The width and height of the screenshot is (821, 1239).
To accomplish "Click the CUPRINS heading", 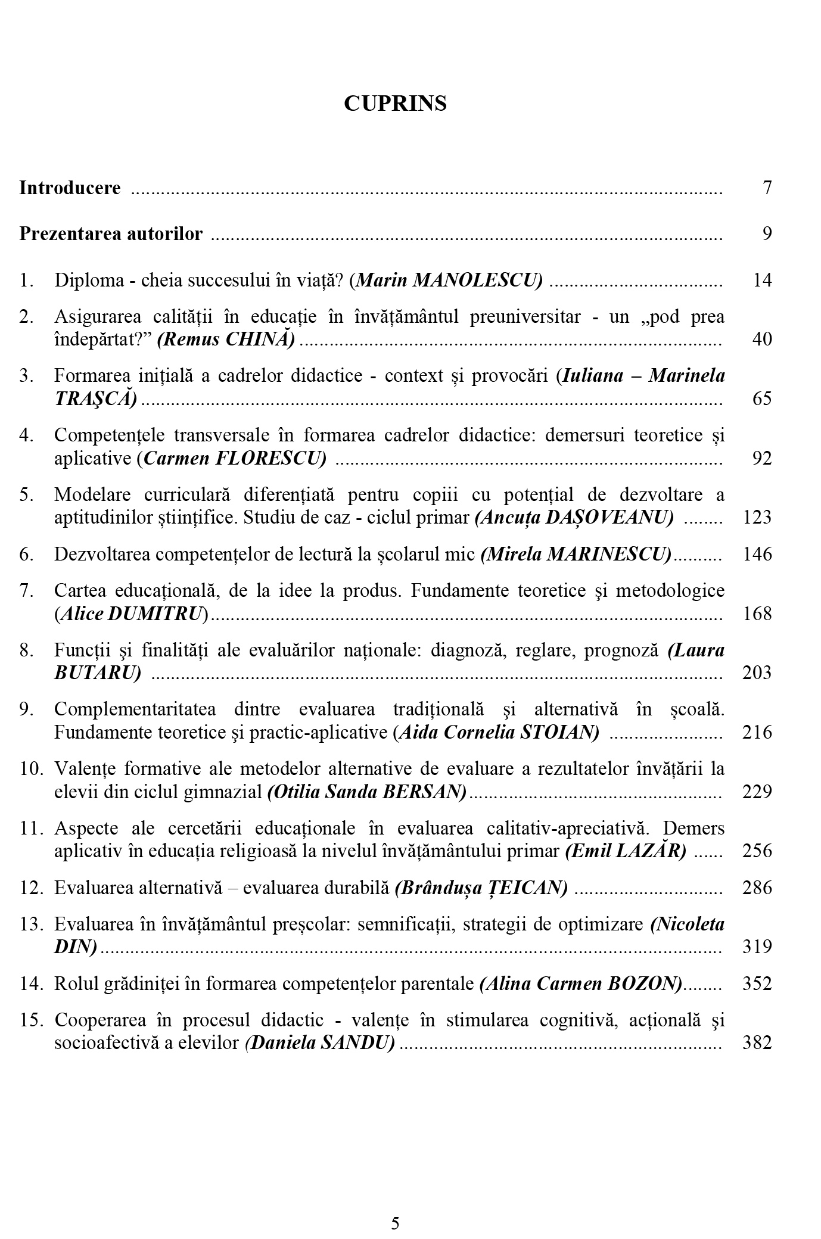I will (395, 104).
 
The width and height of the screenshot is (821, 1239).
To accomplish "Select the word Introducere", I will (70, 188).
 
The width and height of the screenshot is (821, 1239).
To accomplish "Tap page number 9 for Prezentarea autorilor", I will (767, 234).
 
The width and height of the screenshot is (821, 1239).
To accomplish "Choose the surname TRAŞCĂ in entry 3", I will (95, 399).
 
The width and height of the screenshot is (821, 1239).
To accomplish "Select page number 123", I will (757, 517).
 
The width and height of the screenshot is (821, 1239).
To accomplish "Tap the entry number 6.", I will (26, 555).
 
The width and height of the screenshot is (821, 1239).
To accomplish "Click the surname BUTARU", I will (97, 673).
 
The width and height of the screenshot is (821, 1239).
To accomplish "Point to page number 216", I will (757, 732).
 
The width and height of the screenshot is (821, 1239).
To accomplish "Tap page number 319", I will (757, 947).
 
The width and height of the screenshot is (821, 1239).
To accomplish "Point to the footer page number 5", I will (396, 1207).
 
